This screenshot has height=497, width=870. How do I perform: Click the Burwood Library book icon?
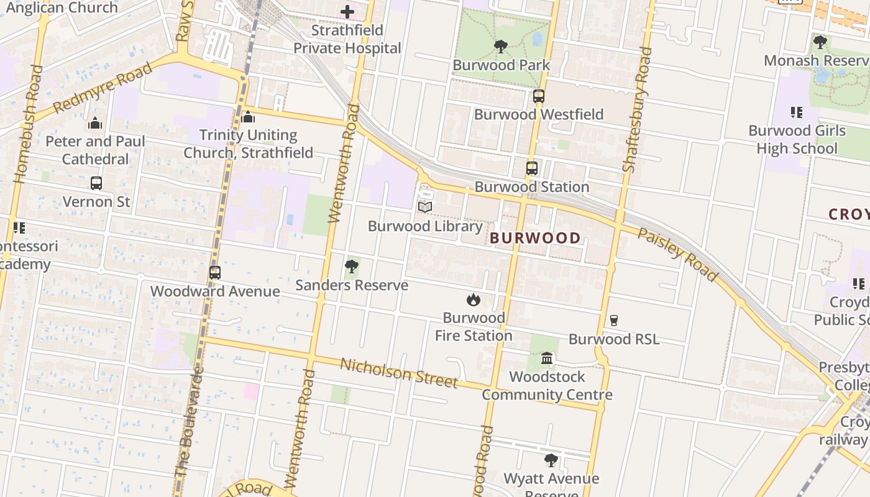point(425,207)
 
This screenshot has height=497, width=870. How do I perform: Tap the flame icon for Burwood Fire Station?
point(474,300)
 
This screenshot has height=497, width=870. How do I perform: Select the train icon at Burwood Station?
point(531,168)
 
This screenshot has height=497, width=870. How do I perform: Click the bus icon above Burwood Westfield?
point(538,96)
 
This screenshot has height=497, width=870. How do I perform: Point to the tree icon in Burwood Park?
point(500,47)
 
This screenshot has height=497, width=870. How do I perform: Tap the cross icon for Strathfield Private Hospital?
point(347,12)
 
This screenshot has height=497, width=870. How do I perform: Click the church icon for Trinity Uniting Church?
point(248,117)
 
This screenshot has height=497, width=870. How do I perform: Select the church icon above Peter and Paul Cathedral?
point(95,123)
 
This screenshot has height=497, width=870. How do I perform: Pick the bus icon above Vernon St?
point(96,183)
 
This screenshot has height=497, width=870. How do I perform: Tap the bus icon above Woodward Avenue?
point(214,273)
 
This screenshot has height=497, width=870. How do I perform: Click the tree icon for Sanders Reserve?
point(351,267)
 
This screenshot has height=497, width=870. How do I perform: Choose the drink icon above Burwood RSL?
point(614,321)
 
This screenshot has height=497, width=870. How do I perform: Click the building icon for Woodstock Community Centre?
point(547,358)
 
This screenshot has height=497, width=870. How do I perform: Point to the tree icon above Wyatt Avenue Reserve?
point(551,460)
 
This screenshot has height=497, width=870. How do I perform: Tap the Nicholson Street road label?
point(398,373)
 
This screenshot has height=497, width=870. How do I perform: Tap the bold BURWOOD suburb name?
point(535,238)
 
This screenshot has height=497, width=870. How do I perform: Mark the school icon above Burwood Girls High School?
point(796,112)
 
